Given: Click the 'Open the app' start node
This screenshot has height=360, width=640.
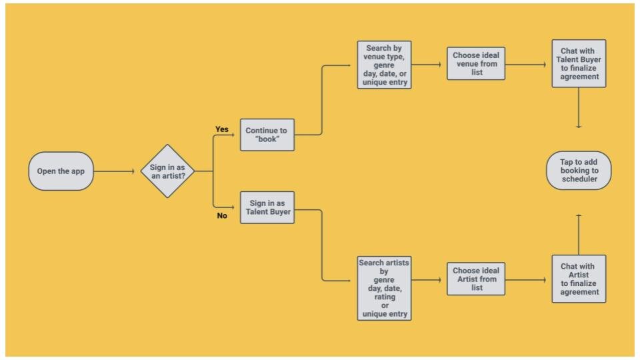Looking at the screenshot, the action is click(61, 171).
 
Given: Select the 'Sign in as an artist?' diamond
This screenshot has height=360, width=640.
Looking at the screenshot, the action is click(167, 171).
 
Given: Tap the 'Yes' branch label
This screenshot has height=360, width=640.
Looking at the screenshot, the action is click(221, 129).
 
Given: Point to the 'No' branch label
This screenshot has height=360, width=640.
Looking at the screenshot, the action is click(221, 215).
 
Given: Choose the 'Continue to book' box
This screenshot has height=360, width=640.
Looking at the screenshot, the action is click(267, 135).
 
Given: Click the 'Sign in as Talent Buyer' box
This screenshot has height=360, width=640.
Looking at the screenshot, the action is click(267, 207).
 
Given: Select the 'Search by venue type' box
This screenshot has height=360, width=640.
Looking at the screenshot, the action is click(384, 65).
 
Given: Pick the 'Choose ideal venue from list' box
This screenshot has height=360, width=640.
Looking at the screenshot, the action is click(476, 63).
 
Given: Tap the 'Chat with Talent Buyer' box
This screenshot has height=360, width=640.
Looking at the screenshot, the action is click(579, 63).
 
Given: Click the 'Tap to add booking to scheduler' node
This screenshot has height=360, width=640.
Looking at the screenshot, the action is click(579, 170).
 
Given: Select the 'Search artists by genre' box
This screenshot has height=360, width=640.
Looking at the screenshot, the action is click(384, 288).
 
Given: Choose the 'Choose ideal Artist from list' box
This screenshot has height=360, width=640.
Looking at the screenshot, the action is click(476, 279).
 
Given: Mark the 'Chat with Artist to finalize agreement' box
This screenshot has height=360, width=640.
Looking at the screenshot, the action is click(579, 279).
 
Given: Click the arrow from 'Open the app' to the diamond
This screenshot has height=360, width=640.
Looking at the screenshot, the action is click(114, 171).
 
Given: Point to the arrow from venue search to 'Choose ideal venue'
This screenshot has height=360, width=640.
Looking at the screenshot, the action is click(426, 65).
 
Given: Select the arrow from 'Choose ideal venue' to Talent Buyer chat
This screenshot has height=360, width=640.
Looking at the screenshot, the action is click(526, 65).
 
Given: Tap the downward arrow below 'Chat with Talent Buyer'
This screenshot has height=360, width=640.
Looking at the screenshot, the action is click(579, 108).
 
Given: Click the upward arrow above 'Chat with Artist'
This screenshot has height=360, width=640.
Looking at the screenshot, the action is click(579, 235).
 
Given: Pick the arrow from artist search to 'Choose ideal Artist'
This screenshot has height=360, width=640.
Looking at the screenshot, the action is click(426, 280).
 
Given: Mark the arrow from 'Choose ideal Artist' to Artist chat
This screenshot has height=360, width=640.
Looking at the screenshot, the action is click(526, 280).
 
